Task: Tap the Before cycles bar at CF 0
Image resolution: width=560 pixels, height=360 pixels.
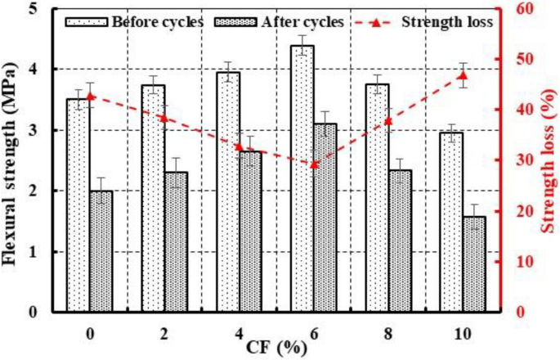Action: click(x=78, y=205)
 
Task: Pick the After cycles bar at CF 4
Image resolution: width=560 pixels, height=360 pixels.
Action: click(x=250, y=231)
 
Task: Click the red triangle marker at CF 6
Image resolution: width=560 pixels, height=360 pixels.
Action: click(x=314, y=164)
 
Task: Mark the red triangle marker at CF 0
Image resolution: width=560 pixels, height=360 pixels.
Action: click(x=90, y=96)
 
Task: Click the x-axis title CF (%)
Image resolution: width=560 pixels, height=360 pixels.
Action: click(x=277, y=347)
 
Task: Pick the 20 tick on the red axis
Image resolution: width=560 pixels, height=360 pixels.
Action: click(x=519, y=211)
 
